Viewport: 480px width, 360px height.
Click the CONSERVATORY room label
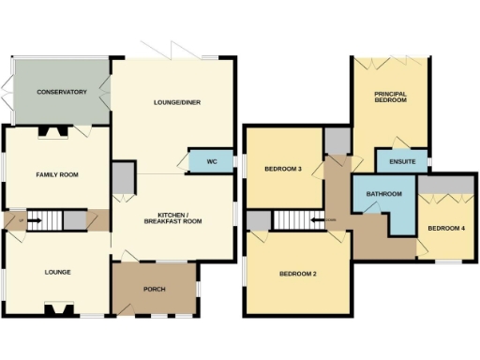pyautogui.click(x=62, y=92)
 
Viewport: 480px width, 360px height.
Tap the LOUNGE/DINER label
pyautogui.click(x=177, y=102)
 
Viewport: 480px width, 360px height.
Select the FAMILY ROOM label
pyautogui.click(x=55, y=175)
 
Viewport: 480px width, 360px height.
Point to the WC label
pyautogui.click(x=212, y=161)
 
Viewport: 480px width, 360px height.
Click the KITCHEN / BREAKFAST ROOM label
pyautogui.click(x=173, y=217)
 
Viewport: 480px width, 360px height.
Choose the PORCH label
pyautogui.click(x=154, y=289)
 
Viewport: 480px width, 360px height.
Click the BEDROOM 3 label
pyautogui.click(x=282, y=170)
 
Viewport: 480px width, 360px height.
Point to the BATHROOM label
pyautogui.click(x=384, y=194)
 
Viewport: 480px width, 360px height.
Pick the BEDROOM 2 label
pyautogui.click(x=297, y=274)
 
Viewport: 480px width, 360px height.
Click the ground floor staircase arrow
pyautogui.click(x=35, y=221)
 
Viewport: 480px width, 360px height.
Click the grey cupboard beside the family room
pyautogui.click(x=123, y=177)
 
